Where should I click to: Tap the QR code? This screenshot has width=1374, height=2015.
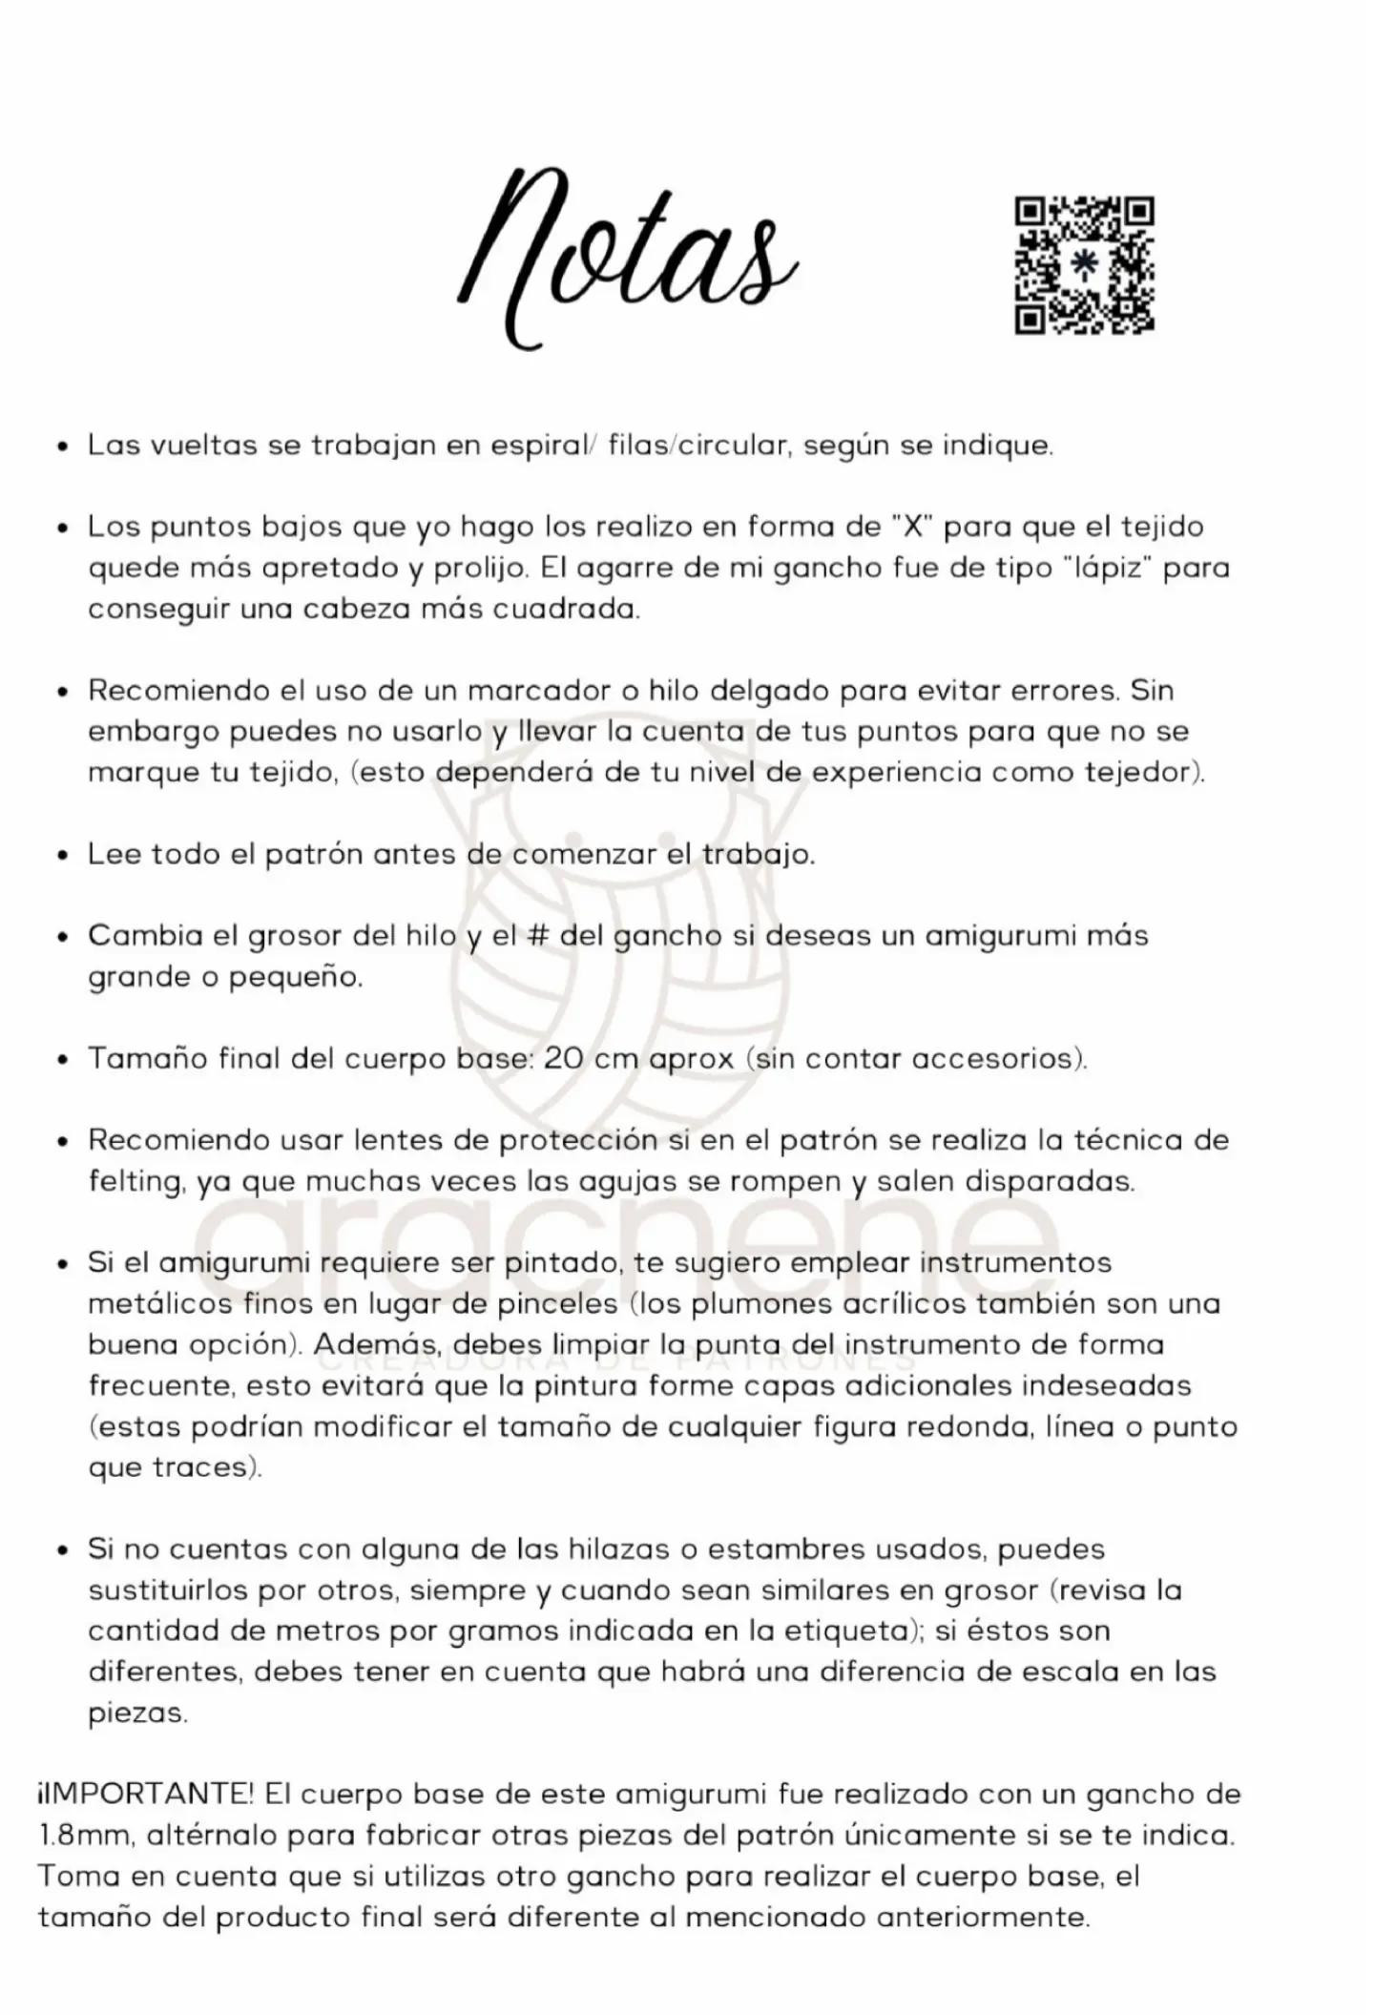click(x=1084, y=265)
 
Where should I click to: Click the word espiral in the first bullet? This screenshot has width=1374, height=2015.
click(x=540, y=446)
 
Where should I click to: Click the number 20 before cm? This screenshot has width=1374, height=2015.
click(x=564, y=1059)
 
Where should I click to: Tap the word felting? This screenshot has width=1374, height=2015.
click(x=135, y=1182)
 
